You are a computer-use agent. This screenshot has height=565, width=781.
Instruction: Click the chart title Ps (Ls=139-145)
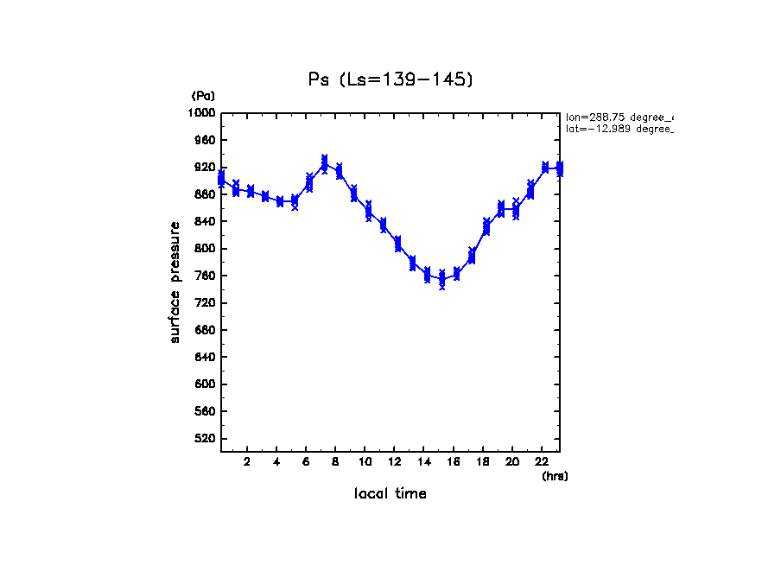click(x=390, y=79)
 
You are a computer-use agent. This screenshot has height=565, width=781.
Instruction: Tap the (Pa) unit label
click(x=203, y=96)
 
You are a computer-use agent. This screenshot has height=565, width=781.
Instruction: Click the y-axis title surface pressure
click(x=175, y=282)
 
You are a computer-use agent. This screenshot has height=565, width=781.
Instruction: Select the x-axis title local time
click(x=390, y=493)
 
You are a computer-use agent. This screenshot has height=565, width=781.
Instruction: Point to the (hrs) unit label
click(x=555, y=476)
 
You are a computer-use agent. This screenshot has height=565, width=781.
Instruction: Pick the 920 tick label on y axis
click(x=205, y=168)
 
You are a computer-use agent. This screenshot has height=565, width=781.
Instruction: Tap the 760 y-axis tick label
click(x=205, y=276)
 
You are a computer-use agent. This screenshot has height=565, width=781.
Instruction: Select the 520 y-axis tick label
click(x=205, y=439)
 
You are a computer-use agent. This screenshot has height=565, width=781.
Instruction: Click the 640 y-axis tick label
click(x=205, y=358)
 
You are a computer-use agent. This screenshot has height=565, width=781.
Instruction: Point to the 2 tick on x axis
click(x=247, y=461)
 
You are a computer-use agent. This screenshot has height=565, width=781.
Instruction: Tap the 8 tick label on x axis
click(x=335, y=461)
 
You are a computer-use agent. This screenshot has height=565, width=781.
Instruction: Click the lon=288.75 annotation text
click(x=619, y=117)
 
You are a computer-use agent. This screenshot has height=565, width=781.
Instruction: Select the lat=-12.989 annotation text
click(x=619, y=129)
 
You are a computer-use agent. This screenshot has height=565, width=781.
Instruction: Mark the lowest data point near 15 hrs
click(x=442, y=279)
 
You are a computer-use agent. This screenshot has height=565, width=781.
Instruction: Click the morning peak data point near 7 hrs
click(x=324, y=163)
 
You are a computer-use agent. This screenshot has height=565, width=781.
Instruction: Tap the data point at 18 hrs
click(x=486, y=227)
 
